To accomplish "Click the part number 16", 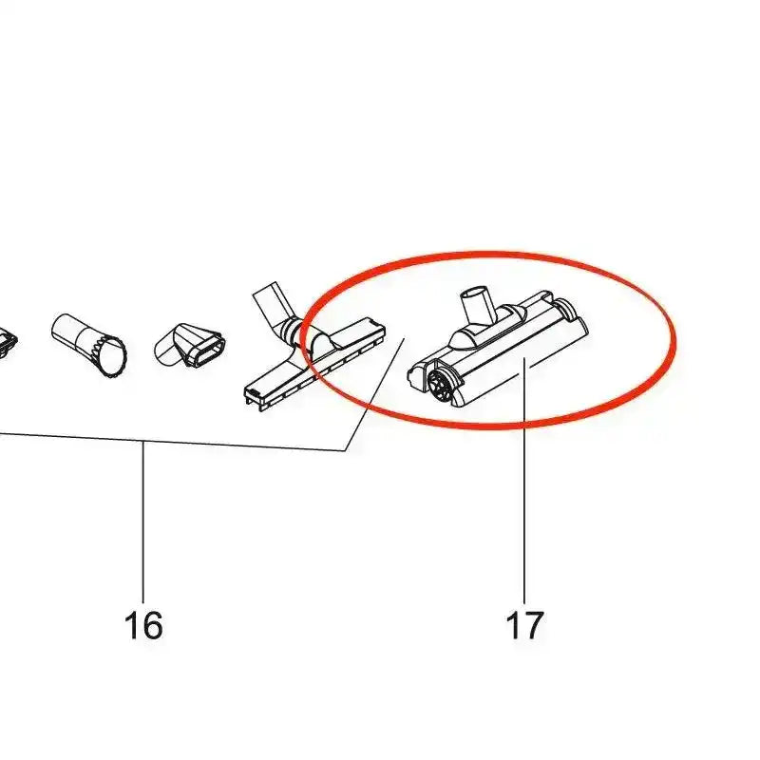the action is pos(143,625).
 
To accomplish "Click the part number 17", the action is pos(524,625).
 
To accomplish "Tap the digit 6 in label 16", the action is pos(152,625).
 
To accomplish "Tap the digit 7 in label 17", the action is pos(533,625).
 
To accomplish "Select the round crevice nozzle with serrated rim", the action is pos(88,345).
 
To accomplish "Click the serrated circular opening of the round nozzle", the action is pos(111,356).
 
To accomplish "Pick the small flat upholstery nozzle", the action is pos(190,345).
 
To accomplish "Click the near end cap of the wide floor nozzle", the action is pos(256,396).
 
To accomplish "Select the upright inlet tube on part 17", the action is pos(477,304).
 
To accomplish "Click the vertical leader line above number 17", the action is pos(524,475).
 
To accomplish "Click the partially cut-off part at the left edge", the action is pos(9,343).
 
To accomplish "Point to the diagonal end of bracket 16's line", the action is pos(374,395).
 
